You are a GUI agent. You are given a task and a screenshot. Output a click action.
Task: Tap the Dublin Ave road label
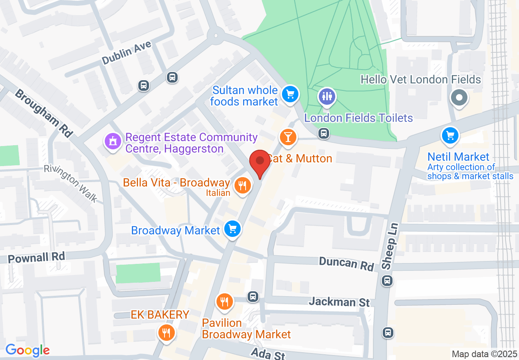point(126,54)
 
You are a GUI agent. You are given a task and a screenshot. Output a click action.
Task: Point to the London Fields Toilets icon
point(327,97)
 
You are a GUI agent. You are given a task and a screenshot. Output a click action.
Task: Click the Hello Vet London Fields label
point(421,79)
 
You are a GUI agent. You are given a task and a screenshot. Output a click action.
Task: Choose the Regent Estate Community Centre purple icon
point(113,142)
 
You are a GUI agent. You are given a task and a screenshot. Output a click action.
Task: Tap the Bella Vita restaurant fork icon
point(242,186)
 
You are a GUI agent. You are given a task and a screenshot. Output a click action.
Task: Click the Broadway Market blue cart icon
point(233,229)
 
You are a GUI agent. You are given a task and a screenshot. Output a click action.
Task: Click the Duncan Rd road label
point(346,263)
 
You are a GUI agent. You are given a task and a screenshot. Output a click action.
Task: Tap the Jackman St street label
point(339,302)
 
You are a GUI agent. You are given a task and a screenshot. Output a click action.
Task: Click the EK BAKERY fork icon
point(166,333)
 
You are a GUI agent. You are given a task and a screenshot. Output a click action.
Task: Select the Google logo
point(27,351)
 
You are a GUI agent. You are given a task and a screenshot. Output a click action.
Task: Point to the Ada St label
point(268,353)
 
